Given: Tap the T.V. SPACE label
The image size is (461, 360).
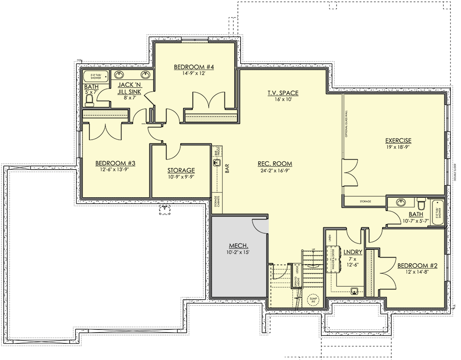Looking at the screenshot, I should pyautogui.click(x=283, y=93).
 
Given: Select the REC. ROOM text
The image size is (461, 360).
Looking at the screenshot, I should pyautogui.click(x=275, y=164).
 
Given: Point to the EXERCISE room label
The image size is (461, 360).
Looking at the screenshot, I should pyautogui.click(x=398, y=141).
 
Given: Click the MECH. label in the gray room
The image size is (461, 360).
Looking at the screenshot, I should pyautogui.click(x=239, y=245).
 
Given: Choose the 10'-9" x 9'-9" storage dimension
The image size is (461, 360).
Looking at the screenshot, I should pyautogui.click(x=181, y=177).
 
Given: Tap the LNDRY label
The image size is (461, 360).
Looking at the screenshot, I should pyautogui.click(x=353, y=252).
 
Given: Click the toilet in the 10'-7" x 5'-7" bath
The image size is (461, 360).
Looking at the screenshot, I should pyautogui.click(x=420, y=204).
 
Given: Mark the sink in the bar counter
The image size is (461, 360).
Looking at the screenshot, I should pyautogui.click(x=217, y=162).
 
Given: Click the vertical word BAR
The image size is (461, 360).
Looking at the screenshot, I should pyautogui.click(x=227, y=169).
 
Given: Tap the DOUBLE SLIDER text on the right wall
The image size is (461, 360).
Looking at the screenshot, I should pyautogui.click(x=454, y=171).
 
